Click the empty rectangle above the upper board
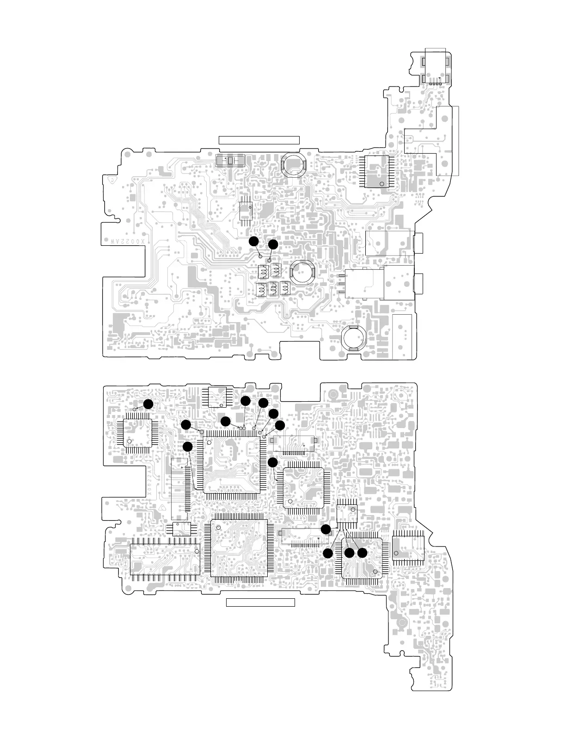click(x=259, y=140)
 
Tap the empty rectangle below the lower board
click(x=260, y=602)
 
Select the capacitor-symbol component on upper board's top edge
click(x=230, y=161)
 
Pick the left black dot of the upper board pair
click(x=253, y=241)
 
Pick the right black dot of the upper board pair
click(x=273, y=244)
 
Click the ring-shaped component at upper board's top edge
click(x=294, y=164)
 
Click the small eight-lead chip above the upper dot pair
click(x=245, y=212)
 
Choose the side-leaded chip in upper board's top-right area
click(x=377, y=172)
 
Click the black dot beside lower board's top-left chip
click(x=148, y=404)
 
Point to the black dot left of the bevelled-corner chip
click(x=273, y=462)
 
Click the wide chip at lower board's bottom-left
click(x=165, y=559)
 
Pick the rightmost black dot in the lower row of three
click(x=362, y=553)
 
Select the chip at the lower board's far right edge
click(x=408, y=548)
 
